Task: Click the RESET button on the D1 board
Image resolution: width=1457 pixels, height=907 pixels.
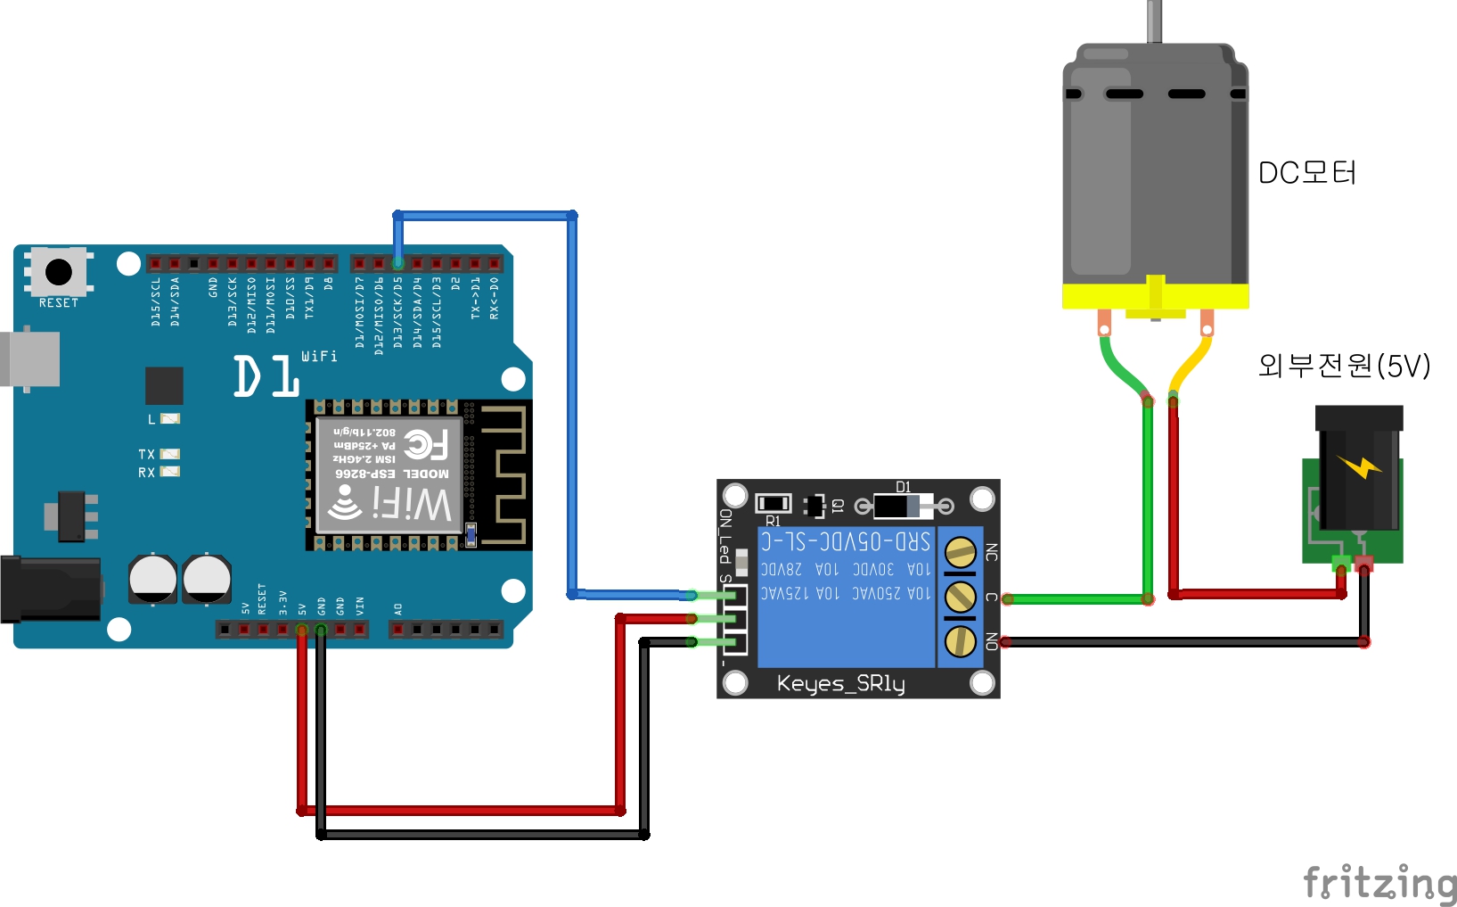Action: point(59,270)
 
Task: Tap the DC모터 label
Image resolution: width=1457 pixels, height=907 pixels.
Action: point(1306,172)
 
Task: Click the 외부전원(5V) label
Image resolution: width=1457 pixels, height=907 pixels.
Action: point(1343,365)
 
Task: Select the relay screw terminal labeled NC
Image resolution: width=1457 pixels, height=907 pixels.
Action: point(960,553)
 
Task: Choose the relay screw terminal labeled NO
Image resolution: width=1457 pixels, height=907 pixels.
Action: point(960,640)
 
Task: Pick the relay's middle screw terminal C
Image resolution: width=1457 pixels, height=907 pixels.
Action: point(960,597)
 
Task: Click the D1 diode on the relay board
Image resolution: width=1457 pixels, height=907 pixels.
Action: point(903,507)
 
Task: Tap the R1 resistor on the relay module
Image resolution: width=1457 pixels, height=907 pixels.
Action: point(773,504)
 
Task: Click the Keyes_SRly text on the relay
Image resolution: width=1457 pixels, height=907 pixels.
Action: point(840,684)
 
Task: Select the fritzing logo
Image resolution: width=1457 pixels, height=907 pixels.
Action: point(1379,882)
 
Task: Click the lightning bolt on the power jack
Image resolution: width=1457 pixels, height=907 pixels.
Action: point(1359,466)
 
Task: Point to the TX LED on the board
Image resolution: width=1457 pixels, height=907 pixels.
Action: point(169,454)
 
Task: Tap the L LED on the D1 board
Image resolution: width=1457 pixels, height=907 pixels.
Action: point(169,418)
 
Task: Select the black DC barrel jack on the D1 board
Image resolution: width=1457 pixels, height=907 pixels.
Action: point(49,589)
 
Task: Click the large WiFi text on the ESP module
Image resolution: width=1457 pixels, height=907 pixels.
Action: point(412,504)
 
